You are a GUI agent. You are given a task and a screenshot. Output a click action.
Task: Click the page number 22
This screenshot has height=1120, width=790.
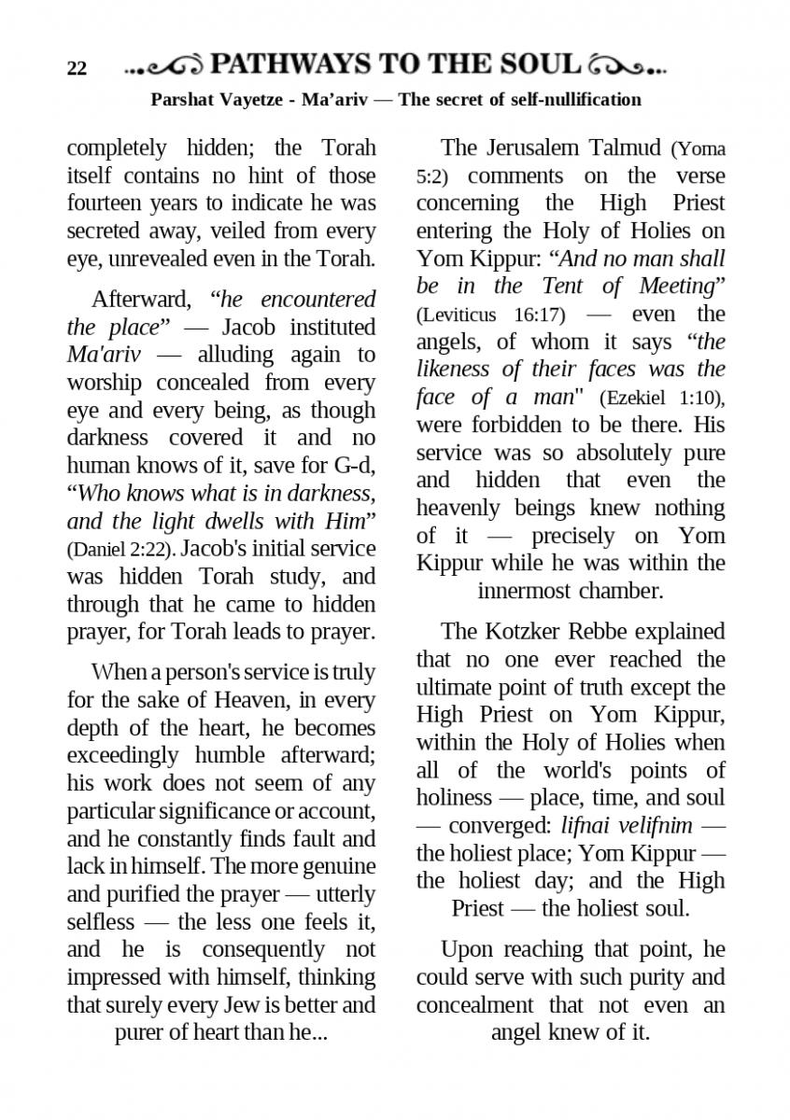click(x=77, y=69)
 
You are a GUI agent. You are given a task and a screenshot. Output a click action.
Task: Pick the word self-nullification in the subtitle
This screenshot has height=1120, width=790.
click(x=570, y=99)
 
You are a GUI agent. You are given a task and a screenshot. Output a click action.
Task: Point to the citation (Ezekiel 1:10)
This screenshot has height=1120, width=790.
click(x=661, y=398)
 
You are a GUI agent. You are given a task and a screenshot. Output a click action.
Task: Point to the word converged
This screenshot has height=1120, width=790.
click(x=499, y=826)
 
